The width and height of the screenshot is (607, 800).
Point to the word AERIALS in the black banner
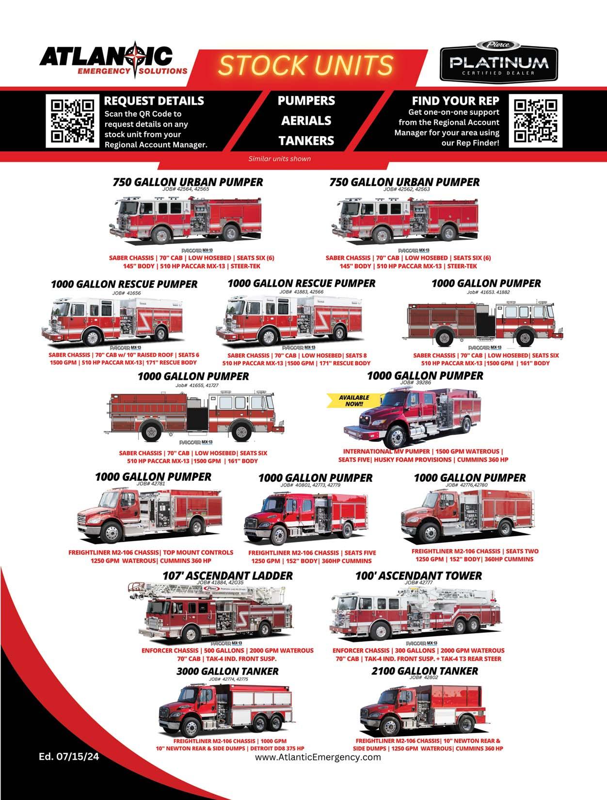tap(306, 121)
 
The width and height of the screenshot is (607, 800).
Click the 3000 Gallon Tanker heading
tap(227, 671)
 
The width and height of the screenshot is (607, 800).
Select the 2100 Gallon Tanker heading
tap(425, 671)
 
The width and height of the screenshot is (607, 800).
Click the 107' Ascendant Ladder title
tap(227, 575)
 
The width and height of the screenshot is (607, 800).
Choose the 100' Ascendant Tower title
tap(418, 575)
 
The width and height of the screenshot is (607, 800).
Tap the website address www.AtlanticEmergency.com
tap(318, 757)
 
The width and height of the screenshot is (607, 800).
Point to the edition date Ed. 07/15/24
tap(69, 756)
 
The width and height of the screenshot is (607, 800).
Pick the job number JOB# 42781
tap(151, 484)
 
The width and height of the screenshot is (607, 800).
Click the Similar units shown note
tap(279, 158)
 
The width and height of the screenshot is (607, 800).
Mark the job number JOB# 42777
tap(418, 582)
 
